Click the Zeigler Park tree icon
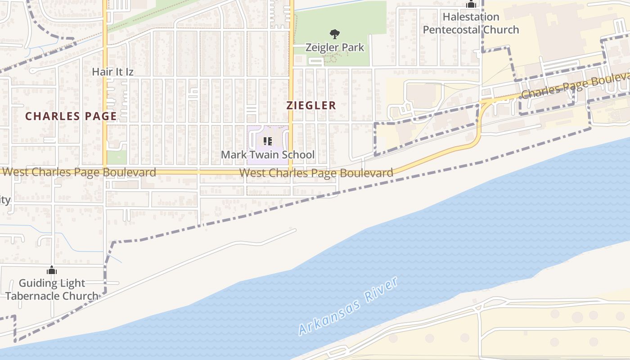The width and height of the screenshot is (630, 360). pos(334,34)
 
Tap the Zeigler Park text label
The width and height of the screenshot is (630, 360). pos(334,47)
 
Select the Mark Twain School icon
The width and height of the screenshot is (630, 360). pos(268,142)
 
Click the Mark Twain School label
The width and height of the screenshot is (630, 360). pos(267,155)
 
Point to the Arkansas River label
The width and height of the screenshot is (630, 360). pos(348,306)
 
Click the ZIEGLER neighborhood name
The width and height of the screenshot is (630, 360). pos(311,106)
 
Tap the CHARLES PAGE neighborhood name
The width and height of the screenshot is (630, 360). pos(71,116)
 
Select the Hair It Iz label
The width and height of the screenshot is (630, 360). pos(112,72)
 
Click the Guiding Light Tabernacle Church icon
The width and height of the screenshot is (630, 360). pos(52,270)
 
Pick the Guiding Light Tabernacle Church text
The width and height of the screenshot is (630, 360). pos(52,289)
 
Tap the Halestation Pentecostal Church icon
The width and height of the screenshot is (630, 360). pos(471,4)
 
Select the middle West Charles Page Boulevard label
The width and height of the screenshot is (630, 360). pos(316,173)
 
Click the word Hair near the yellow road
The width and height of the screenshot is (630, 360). pos(101,72)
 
